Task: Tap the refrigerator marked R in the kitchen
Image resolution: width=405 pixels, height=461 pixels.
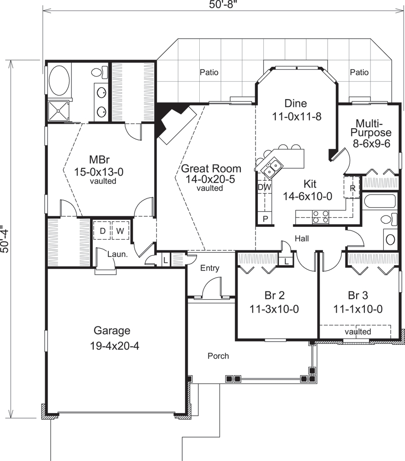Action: pos(352,189)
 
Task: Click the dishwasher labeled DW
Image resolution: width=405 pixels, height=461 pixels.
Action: pos(264,187)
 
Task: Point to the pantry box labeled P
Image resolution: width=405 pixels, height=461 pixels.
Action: pos(265,219)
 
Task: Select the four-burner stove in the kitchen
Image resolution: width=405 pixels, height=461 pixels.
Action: pos(321,216)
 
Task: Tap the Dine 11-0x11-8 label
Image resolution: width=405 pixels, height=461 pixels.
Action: pos(296,110)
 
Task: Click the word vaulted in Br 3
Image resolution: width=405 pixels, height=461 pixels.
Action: pos(357,331)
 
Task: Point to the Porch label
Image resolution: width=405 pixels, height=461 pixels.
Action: pos(218,356)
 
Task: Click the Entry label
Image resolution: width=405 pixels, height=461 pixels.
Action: pos(209,268)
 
